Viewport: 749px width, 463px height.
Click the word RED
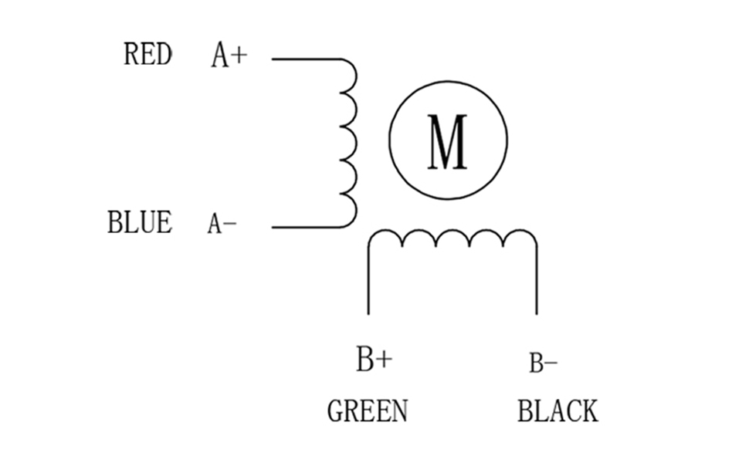coord(147,55)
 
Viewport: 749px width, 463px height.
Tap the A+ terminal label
coord(229,56)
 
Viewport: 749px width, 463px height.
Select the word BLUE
coord(140,222)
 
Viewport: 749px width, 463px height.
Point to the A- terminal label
coord(222,224)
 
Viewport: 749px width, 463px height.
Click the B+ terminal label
coord(374,359)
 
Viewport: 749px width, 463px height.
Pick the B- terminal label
coord(543,362)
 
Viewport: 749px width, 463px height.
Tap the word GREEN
coord(368,411)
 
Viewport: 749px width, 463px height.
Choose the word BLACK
coord(558,411)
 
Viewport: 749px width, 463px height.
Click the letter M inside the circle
coord(447,142)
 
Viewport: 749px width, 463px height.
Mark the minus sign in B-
coord(551,362)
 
